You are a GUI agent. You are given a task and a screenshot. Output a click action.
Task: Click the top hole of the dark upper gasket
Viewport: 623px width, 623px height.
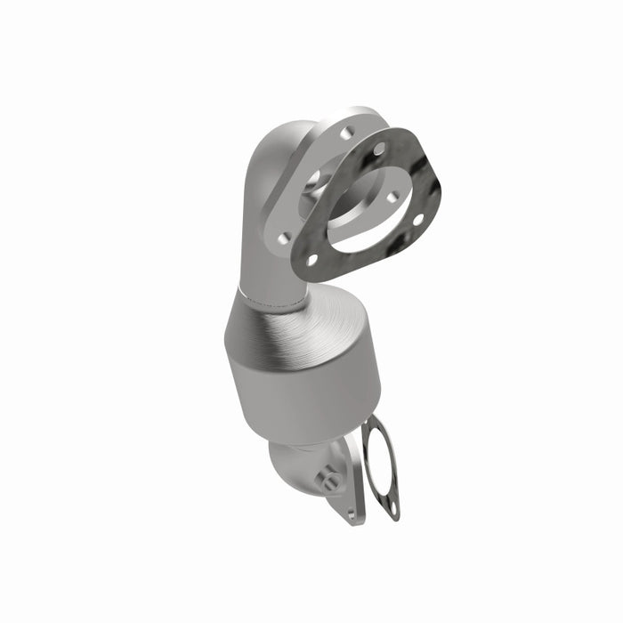(x=379, y=150)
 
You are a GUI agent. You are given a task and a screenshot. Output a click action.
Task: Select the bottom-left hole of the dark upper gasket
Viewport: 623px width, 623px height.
(x=312, y=261)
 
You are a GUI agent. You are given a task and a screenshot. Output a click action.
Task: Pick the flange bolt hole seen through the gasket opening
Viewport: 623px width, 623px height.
(x=391, y=197)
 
